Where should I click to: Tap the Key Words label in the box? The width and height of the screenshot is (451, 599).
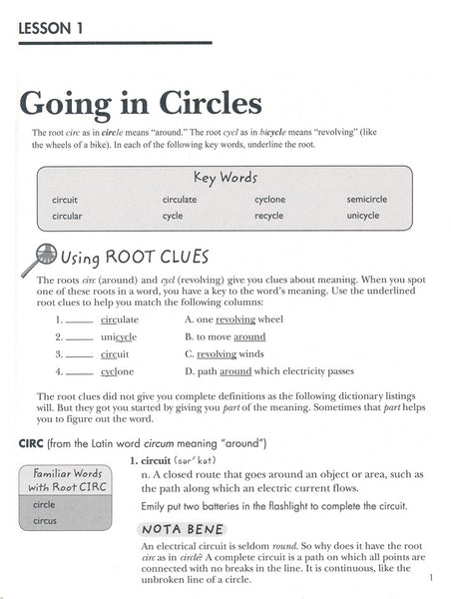(225, 177)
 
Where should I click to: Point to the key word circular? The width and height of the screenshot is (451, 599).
(67, 216)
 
